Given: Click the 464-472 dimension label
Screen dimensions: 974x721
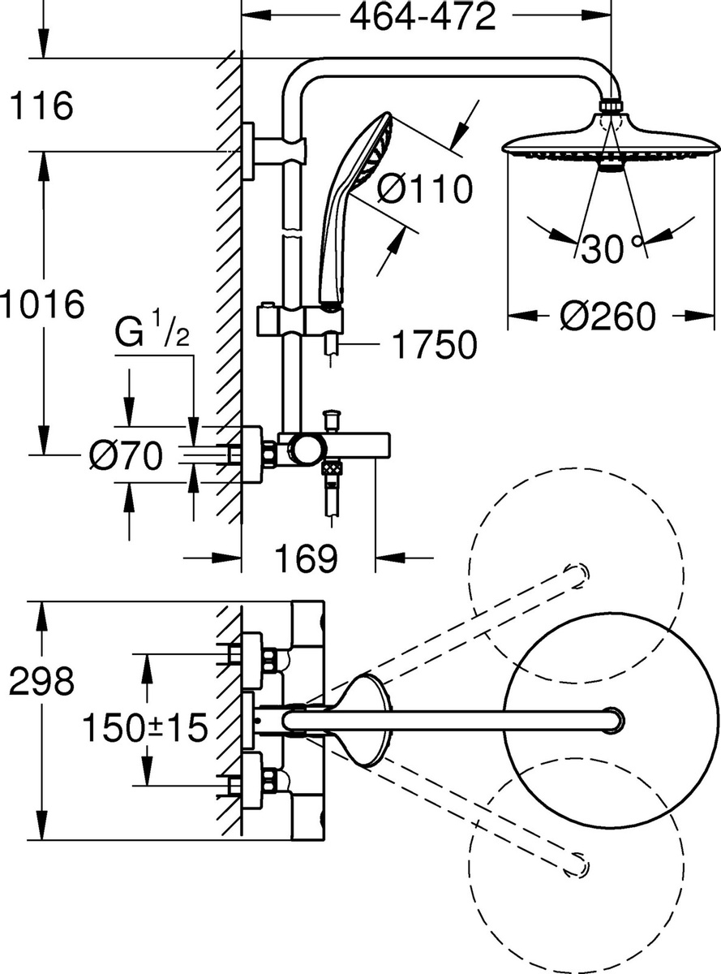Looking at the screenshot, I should [423, 16].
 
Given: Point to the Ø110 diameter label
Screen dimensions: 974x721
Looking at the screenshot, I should [424, 189].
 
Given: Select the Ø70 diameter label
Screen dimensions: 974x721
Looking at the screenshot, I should [125, 455].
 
